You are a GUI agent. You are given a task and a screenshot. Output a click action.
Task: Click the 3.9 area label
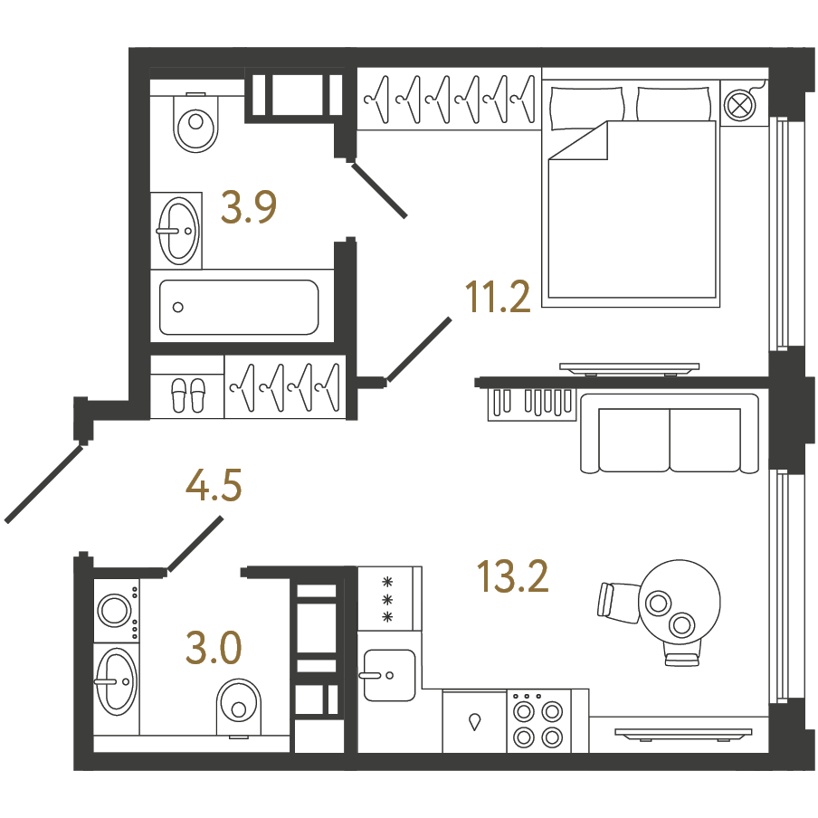[248, 207]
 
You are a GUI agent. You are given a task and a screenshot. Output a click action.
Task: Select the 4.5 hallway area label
[214, 485]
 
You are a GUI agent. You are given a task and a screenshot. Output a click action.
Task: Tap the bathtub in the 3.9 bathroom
[239, 307]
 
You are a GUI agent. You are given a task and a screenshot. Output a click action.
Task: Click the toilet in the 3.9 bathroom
[195, 122]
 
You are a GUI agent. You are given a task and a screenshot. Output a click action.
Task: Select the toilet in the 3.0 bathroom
[239, 708]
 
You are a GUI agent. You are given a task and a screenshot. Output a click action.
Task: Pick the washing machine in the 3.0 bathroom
[117, 611]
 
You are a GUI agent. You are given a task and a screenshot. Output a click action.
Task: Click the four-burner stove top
[538, 721]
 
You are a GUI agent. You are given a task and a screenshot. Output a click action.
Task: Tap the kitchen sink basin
[389, 675]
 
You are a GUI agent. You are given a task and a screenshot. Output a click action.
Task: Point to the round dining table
[680, 602]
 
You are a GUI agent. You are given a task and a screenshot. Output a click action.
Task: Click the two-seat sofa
[670, 433]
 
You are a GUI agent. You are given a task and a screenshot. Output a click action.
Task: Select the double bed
[631, 193]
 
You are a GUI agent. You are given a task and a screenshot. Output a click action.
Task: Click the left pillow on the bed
[587, 108]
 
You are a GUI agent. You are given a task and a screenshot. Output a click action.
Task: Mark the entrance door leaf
[43, 483]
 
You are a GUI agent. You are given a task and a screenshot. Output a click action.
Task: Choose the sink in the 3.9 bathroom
[178, 231]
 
